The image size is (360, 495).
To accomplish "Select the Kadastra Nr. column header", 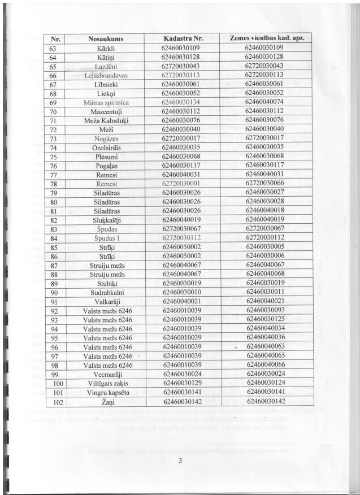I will tap(181, 39).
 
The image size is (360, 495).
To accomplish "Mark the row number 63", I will tap(55, 48).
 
